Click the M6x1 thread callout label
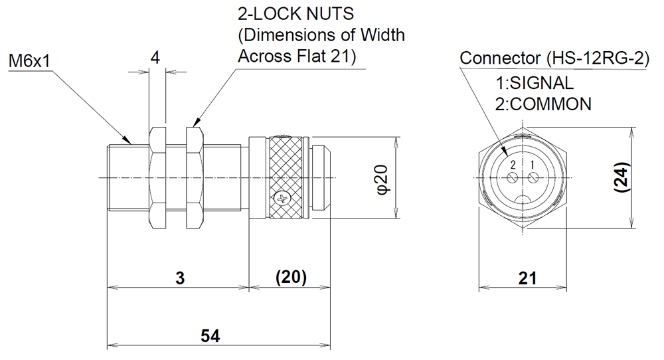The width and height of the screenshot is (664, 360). point(29,62)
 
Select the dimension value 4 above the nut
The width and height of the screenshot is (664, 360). point(155,58)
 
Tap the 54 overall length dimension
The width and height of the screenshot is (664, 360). point(211,337)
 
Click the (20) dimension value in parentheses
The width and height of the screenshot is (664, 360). point(290,278)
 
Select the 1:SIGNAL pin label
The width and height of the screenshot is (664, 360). point(535,84)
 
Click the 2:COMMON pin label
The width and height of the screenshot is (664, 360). point(542,104)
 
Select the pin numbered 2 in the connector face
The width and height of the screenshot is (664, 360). point(512,178)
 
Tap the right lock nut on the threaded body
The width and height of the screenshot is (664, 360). point(194,177)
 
